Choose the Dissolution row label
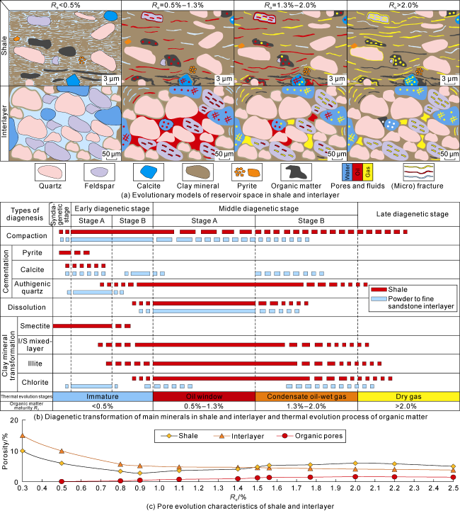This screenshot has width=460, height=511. click(26, 308)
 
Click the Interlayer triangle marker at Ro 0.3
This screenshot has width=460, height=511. click(23, 436)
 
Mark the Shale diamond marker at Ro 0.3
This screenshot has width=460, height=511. click(23, 451)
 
